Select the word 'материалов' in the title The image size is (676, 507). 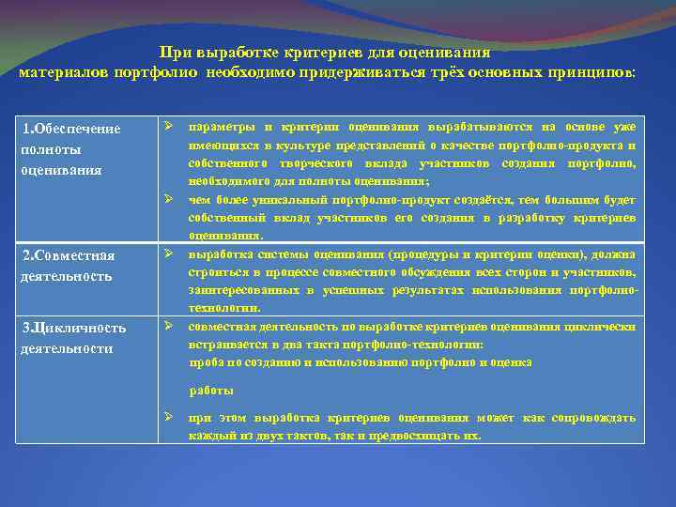click(63, 72)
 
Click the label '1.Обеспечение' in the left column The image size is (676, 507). click(71, 129)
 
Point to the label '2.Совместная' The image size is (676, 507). click(68, 256)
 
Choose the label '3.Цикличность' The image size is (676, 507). click(73, 328)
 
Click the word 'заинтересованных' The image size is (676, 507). click(237, 290)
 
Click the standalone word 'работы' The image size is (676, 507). click(211, 390)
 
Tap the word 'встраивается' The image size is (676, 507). click(226, 345)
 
